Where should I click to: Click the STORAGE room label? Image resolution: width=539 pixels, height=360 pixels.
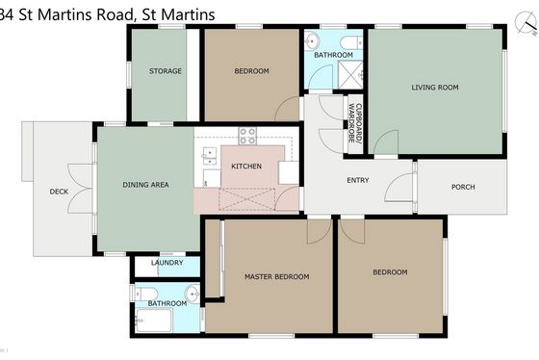point(166,71)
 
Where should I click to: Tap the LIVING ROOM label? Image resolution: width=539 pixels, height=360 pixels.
point(435,88)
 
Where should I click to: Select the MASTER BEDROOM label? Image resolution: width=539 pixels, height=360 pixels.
point(277,277)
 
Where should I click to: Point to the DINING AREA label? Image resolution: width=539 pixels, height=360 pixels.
point(145,185)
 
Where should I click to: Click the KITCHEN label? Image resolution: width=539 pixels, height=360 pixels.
point(246,167)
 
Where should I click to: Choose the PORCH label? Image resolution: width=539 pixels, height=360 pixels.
point(463,187)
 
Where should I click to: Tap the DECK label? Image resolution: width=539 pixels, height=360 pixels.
point(59,192)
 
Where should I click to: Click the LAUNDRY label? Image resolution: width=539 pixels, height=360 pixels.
point(167,263)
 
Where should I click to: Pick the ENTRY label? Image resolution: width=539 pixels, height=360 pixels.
point(358,180)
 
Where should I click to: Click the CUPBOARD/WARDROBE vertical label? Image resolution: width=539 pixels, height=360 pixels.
point(355,123)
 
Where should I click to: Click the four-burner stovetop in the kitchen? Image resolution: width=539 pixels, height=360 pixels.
point(247,136)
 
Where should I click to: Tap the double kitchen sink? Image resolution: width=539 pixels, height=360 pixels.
point(209,157)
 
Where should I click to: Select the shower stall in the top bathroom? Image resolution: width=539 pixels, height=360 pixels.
point(350,75)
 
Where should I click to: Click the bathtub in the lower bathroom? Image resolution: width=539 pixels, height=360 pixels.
point(153,321)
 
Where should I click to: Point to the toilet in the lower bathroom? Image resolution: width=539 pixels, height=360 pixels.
point(145,295)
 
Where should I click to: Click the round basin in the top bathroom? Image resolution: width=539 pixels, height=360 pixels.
point(312,41)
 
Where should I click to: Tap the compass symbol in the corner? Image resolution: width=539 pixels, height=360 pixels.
point(526,23)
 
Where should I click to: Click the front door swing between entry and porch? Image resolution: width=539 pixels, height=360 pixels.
point(398,188)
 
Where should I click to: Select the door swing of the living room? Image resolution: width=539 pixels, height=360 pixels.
point(386,142)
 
